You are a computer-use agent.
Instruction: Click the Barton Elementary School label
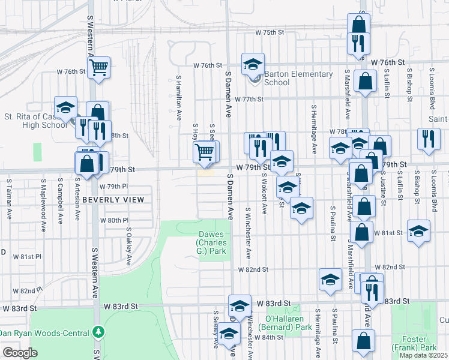click(298, 78)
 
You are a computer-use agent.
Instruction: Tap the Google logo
click(21, 352)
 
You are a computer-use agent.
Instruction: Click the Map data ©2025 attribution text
click(424, 355)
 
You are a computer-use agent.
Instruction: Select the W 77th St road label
click(250, 100)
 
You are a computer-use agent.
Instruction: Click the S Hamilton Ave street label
click(178, 98)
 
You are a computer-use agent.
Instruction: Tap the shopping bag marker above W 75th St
click(358, 25)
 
